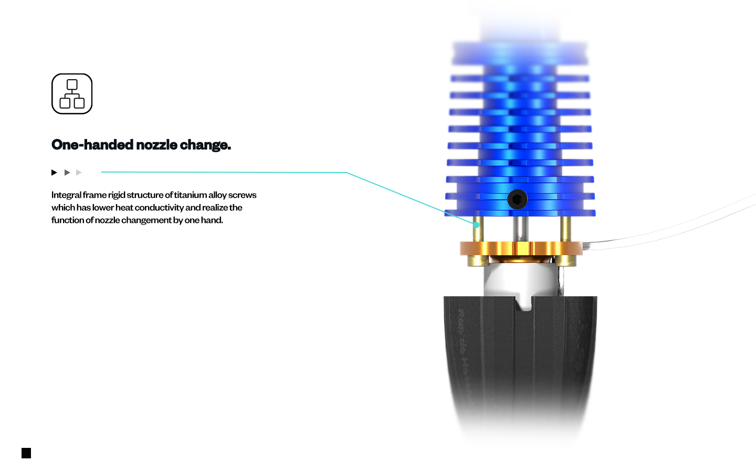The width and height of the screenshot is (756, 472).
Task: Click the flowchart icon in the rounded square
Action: click(x=72, y=94)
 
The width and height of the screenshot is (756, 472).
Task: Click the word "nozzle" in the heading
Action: click(x=156, y=145)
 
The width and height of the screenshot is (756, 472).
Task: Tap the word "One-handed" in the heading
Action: click(x=92, y=145)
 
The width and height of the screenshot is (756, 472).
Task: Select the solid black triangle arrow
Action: click(x=54, y=173)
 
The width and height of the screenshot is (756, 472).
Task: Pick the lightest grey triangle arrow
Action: click(x=79, y=173)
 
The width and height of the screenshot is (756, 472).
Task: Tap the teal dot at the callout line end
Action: click(x=476, y=225)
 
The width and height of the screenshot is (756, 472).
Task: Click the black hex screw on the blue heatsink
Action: click(x=517, y=199)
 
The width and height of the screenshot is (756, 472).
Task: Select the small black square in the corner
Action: click(x=26, y=453)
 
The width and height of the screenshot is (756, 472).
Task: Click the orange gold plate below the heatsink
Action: click(x=521, y=249)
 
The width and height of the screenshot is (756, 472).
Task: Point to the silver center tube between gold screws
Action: click(x=521, y=229)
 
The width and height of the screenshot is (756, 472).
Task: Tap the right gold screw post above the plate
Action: click(x=565, y=229)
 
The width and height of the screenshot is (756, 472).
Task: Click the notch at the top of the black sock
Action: click(x=523, y=304)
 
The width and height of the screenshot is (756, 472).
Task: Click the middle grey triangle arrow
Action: click(x=67, y=173)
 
